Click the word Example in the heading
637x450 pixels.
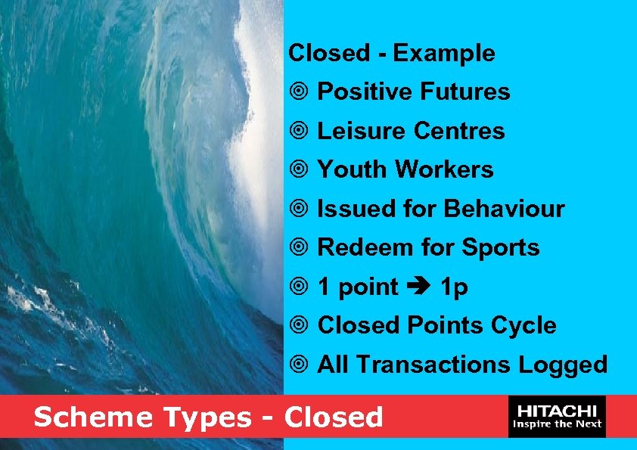444,54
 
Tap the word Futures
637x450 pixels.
465,92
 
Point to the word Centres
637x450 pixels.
459,131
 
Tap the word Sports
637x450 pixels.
501,247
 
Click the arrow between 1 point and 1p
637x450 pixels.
418,287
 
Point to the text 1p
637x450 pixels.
454,287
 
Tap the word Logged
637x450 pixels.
563,365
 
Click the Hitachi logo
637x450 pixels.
558,416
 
